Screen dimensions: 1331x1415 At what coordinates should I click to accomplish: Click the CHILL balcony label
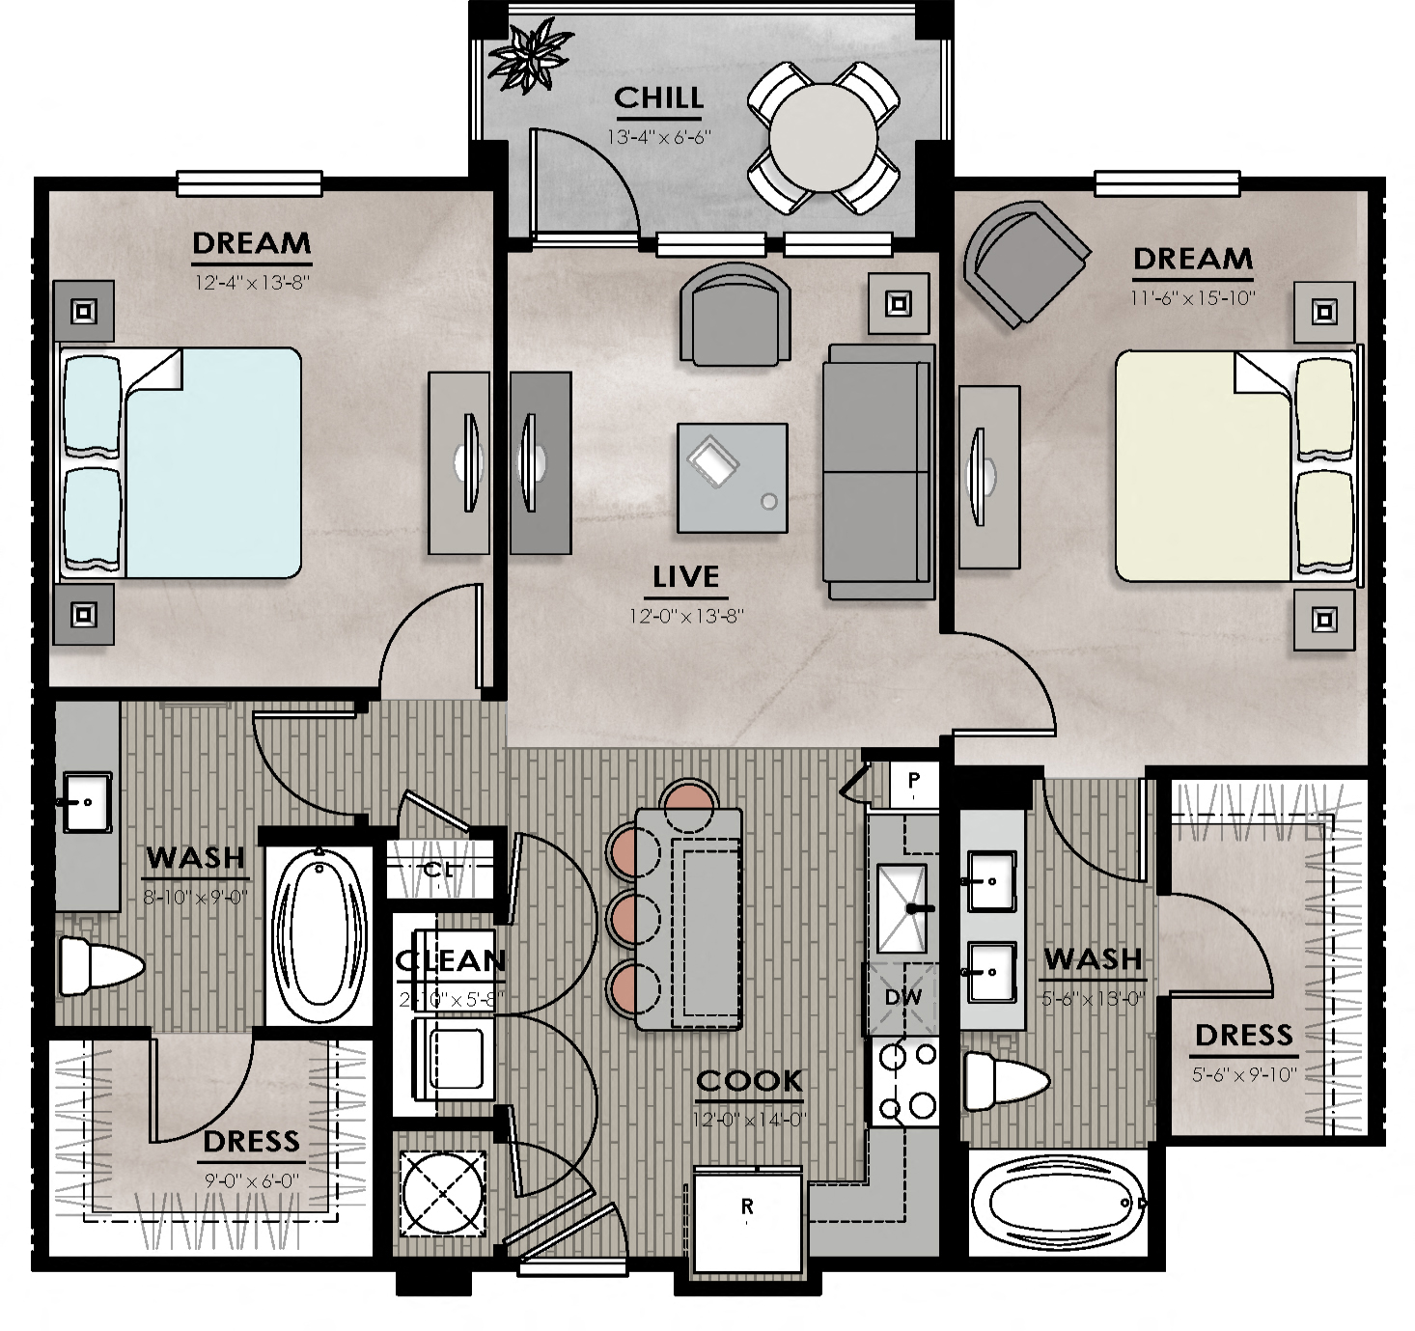point(658,98)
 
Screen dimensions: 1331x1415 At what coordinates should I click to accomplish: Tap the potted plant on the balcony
point(529,58)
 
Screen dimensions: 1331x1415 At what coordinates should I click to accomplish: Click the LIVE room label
point(686,577)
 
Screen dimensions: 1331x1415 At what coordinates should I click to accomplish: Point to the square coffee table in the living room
point(732,478)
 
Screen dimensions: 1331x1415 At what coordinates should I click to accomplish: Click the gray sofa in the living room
point(878,472)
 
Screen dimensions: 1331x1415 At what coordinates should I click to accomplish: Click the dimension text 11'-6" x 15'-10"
point(1193,298)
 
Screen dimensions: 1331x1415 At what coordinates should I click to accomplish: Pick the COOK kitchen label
point(749,1081)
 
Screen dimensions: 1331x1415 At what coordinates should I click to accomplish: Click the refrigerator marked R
point(748,1218)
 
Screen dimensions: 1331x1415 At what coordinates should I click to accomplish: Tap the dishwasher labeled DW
point(902,998)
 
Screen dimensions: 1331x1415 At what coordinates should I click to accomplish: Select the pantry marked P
point(913,780)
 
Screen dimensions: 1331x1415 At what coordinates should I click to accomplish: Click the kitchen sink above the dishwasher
point(902,907)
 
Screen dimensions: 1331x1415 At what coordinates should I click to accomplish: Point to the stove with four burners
point(905,1081)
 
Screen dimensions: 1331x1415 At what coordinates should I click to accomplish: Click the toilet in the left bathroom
point(97,965)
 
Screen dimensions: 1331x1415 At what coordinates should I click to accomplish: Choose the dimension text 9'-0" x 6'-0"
point(251,1180)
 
